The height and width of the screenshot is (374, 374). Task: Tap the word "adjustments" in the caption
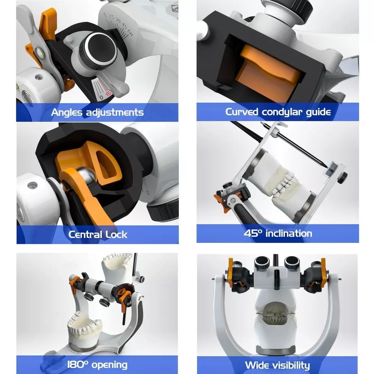[x=115, y=112]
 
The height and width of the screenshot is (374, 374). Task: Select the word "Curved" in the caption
[x=242, y=112]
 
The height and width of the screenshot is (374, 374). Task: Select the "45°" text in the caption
[x=253, y=233]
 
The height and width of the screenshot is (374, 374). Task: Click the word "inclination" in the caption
[x=289, y=233]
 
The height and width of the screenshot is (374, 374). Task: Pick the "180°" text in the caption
[x=78, y=364]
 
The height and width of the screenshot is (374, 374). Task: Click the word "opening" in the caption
[x=109, y=365]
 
